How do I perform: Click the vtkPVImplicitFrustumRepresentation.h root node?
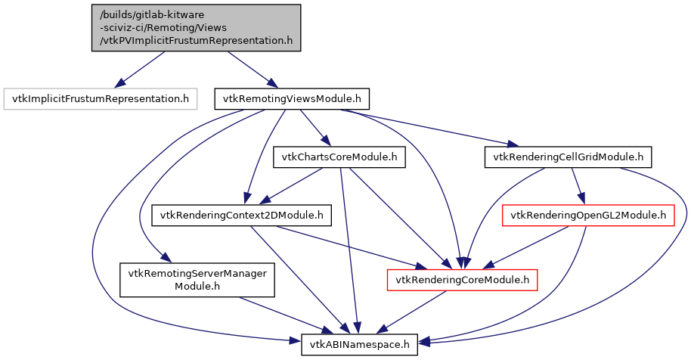point(197,28)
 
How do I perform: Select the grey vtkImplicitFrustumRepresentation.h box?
point(100,98)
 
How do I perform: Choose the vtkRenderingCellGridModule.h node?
point(568,157)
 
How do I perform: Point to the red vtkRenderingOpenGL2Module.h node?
point(588,216)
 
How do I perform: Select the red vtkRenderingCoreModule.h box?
point(462,281)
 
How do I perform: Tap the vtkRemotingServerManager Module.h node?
point(197,281)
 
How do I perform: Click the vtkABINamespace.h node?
point(359,345)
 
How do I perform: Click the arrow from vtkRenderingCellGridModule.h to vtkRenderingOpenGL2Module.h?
point(577,186)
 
